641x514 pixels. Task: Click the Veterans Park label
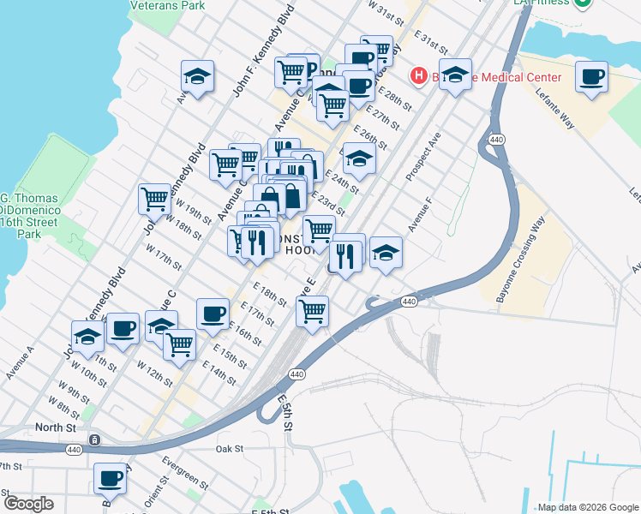167,5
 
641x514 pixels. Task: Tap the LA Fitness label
542,3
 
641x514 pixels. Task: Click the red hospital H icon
419,77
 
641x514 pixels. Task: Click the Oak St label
230,448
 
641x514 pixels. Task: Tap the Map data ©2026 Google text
587,507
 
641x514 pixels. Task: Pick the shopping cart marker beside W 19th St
154,199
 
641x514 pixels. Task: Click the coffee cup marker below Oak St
110,479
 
